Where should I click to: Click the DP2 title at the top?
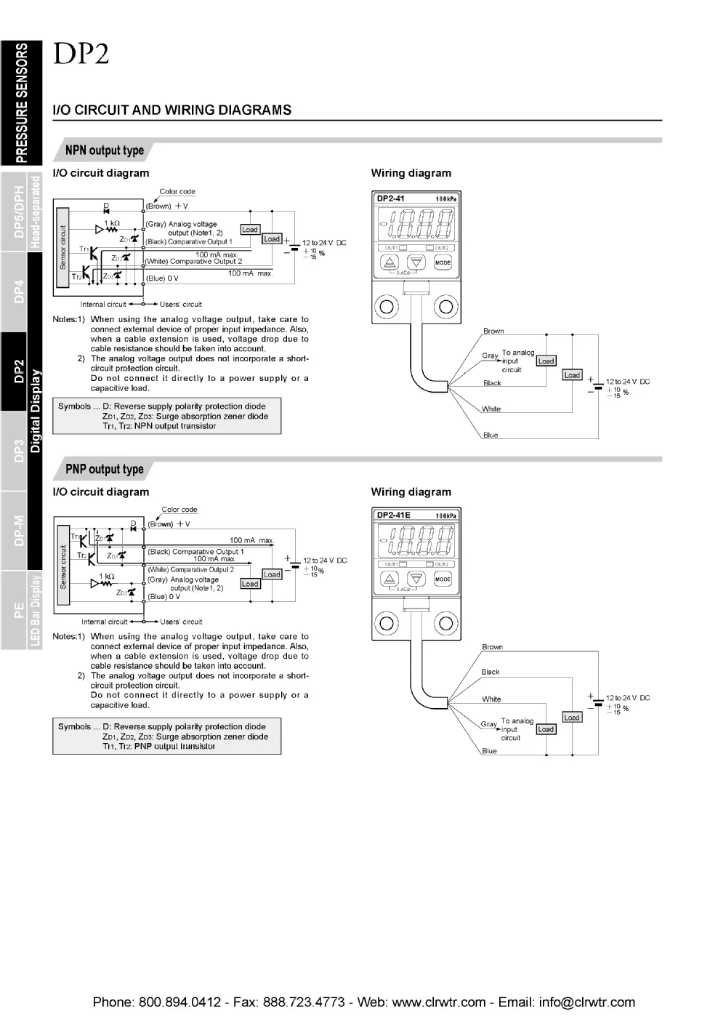(x=80, y=55)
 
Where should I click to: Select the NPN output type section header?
(x=104, y=150)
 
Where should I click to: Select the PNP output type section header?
(x=104, y=469)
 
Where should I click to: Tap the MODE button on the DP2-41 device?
(x=443, y=262)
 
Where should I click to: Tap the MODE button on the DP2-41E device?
(x=443, y=579)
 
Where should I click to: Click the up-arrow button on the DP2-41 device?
(x=390, y=263)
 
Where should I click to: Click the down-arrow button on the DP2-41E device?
(x=416, y=579)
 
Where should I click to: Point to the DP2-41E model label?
(x=393, y=515)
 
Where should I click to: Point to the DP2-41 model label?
(x=391, y=198)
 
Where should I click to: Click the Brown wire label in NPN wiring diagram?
(x=493, y=331)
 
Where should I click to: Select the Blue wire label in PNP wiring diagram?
(x=489, y=751)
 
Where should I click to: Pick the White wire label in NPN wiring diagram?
(x=491, y=409)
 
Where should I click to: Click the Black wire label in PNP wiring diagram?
(x=491, y=672)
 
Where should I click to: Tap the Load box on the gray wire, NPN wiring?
(x=546, y=361)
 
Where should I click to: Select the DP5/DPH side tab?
(x=20, y=212)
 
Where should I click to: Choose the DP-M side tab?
(x=20, y=531)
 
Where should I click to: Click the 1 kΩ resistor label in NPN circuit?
(x=111, y=223)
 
